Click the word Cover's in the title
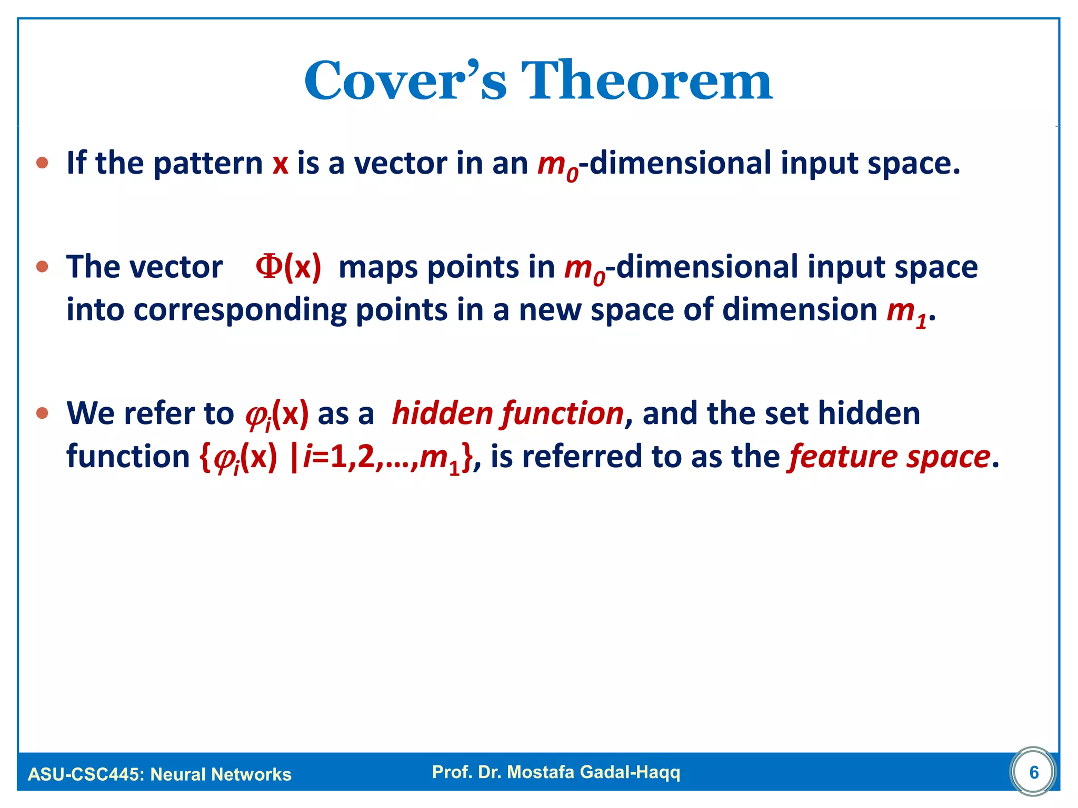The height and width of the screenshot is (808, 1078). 405,82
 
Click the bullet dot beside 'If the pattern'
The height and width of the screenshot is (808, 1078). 42,163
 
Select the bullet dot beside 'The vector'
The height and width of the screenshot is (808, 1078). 42,267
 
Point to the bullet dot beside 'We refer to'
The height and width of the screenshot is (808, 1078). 42,413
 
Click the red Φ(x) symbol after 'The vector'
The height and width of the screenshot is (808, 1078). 288,267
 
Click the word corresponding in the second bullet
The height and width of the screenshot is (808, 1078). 239,310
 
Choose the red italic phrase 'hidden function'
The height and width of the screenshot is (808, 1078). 508,413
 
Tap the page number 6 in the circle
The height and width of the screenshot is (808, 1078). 1034,772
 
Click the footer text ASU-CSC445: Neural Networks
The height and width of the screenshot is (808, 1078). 159,774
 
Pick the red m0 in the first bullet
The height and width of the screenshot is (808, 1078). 557,165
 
